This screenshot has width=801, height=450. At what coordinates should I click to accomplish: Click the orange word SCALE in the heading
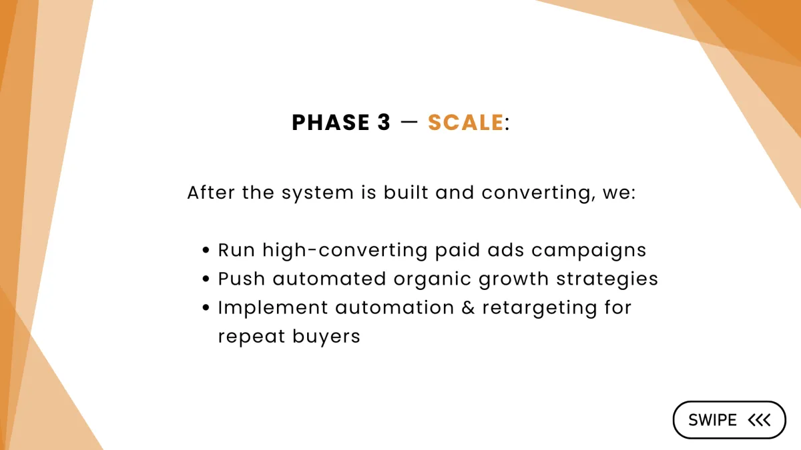point(466,123)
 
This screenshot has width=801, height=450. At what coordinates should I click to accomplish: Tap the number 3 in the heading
point(384,123)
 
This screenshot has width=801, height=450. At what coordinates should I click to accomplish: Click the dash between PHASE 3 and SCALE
point(409,123)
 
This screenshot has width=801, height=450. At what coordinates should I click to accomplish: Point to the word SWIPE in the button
point(712,420)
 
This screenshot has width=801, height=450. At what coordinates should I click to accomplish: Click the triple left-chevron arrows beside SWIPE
point(759,420)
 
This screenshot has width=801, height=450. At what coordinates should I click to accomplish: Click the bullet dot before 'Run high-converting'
point(206,250)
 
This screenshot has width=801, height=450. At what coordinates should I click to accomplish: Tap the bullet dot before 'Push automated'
point(206,279)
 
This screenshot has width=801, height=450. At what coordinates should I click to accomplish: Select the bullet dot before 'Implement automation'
point(206,307)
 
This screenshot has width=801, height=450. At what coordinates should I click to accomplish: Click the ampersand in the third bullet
point(468,307)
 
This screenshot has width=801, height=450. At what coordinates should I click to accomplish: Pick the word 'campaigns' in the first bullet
point(589,251)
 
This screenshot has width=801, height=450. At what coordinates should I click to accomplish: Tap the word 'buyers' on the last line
point(326,337)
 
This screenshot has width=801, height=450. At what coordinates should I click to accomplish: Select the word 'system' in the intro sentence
point(318,193)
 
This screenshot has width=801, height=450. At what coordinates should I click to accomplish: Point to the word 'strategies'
point(607,279)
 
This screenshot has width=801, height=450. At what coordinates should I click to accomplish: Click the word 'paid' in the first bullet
point(457,251)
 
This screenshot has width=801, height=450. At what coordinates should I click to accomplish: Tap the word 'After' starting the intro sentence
point(211,193)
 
